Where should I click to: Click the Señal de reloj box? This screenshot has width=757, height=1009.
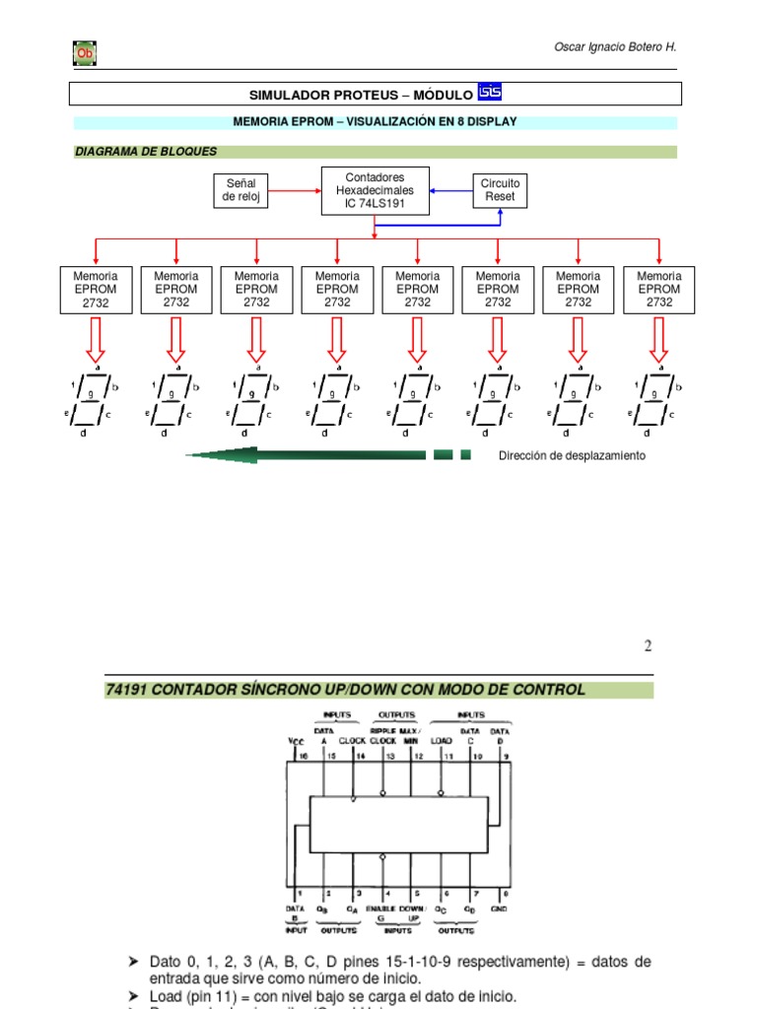point(241,190)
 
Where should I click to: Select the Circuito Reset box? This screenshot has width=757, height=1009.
point(500,190)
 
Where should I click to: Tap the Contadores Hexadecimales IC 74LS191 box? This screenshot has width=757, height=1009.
point(376,190)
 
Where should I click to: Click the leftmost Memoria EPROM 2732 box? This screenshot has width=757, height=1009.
point(96,290)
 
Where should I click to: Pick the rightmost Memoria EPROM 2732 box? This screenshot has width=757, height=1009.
point(658,290)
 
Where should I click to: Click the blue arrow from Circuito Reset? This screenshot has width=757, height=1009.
point(451,190)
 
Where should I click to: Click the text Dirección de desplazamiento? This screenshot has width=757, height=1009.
point(572,455)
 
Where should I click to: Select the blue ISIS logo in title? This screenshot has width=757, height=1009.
point(490,92)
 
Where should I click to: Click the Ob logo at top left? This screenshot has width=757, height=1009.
point(85,53)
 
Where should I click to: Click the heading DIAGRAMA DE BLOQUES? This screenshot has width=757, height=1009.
point(146,152)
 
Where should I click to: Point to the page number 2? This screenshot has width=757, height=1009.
point(648,646)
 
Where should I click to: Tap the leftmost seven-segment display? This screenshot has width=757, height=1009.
point(95,400)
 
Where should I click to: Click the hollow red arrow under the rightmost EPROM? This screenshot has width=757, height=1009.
point(658,341)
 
